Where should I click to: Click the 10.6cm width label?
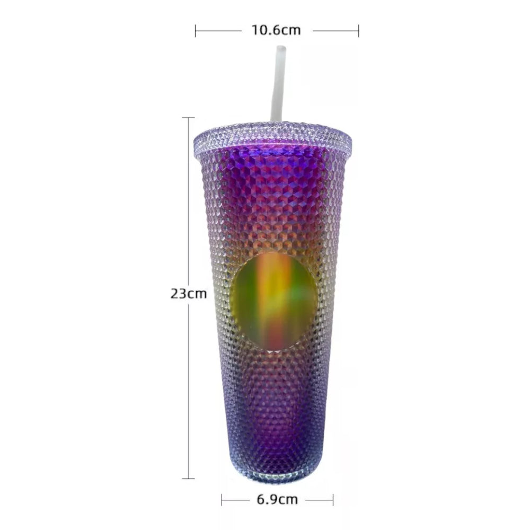276,30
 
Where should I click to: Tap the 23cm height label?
188,294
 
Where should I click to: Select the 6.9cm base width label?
277,499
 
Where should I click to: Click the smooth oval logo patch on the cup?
274,300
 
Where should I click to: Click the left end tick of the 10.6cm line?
196,31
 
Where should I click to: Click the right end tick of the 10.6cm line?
358,31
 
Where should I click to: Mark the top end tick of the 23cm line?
188,118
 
